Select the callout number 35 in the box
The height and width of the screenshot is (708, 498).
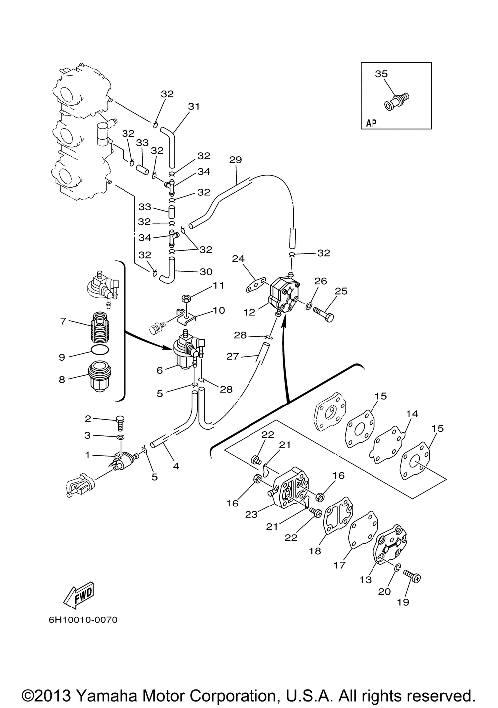point(381,74)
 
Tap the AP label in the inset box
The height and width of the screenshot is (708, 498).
point(371,123)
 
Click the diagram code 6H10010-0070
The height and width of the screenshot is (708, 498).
point(84,620)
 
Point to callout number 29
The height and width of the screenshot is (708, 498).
point(235,160)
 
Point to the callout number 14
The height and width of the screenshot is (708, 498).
point(411,414)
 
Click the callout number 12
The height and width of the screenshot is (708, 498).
point(249,312)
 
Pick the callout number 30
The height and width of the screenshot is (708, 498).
point(206,272)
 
